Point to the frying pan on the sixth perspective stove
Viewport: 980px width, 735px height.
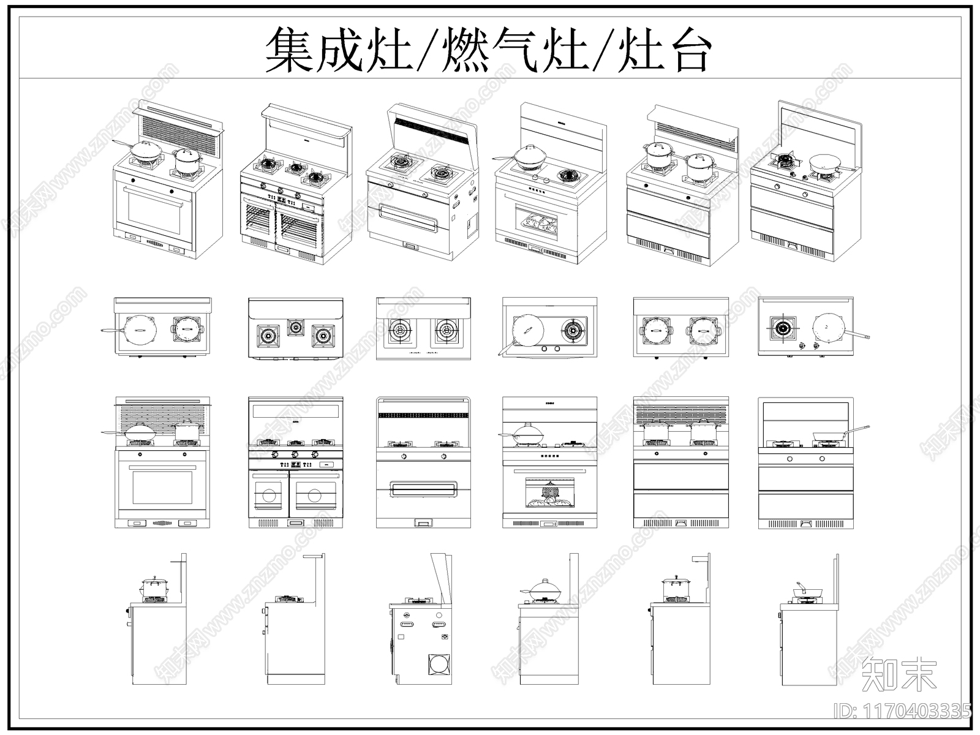coord(826,163)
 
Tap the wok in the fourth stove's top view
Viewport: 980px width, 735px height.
coord(527,331)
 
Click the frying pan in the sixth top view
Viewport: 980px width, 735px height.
coord(829,328)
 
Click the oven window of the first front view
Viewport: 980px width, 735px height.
coord(162,488)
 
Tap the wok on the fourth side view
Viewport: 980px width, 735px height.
coord(544,591)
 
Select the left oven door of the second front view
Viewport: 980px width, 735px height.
coord(268,494)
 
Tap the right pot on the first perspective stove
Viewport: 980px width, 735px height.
coord(187,160)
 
